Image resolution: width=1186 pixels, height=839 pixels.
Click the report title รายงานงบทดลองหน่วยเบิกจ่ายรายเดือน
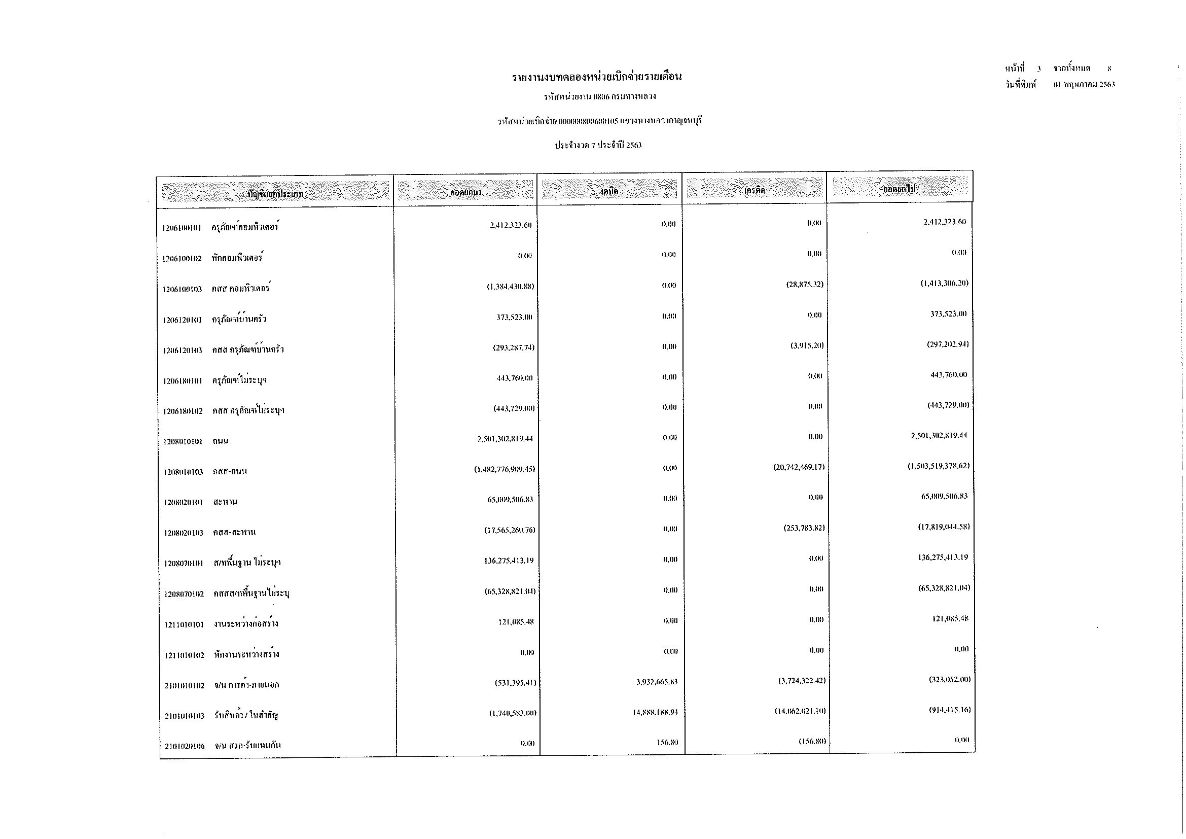[597, 78]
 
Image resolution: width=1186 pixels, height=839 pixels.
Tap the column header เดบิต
[609, 191]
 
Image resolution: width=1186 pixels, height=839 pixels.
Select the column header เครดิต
[754, 190]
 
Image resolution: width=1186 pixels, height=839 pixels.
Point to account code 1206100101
[182, 228]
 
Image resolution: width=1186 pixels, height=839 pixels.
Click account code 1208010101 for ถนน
[183, 442]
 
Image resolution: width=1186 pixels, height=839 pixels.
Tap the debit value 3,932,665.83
[657, 682]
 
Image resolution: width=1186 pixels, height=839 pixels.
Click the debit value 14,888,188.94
[655, 712]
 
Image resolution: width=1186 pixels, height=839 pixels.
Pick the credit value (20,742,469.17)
[799, 468]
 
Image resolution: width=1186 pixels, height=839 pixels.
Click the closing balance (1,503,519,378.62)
[939, 466]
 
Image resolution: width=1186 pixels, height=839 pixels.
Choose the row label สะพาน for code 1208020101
[225, 502]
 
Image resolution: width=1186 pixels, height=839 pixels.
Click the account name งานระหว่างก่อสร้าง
[246, 624]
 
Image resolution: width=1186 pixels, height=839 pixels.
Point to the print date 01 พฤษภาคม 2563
[1084, 85]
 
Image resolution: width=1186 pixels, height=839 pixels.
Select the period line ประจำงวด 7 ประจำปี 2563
[598, 146]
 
